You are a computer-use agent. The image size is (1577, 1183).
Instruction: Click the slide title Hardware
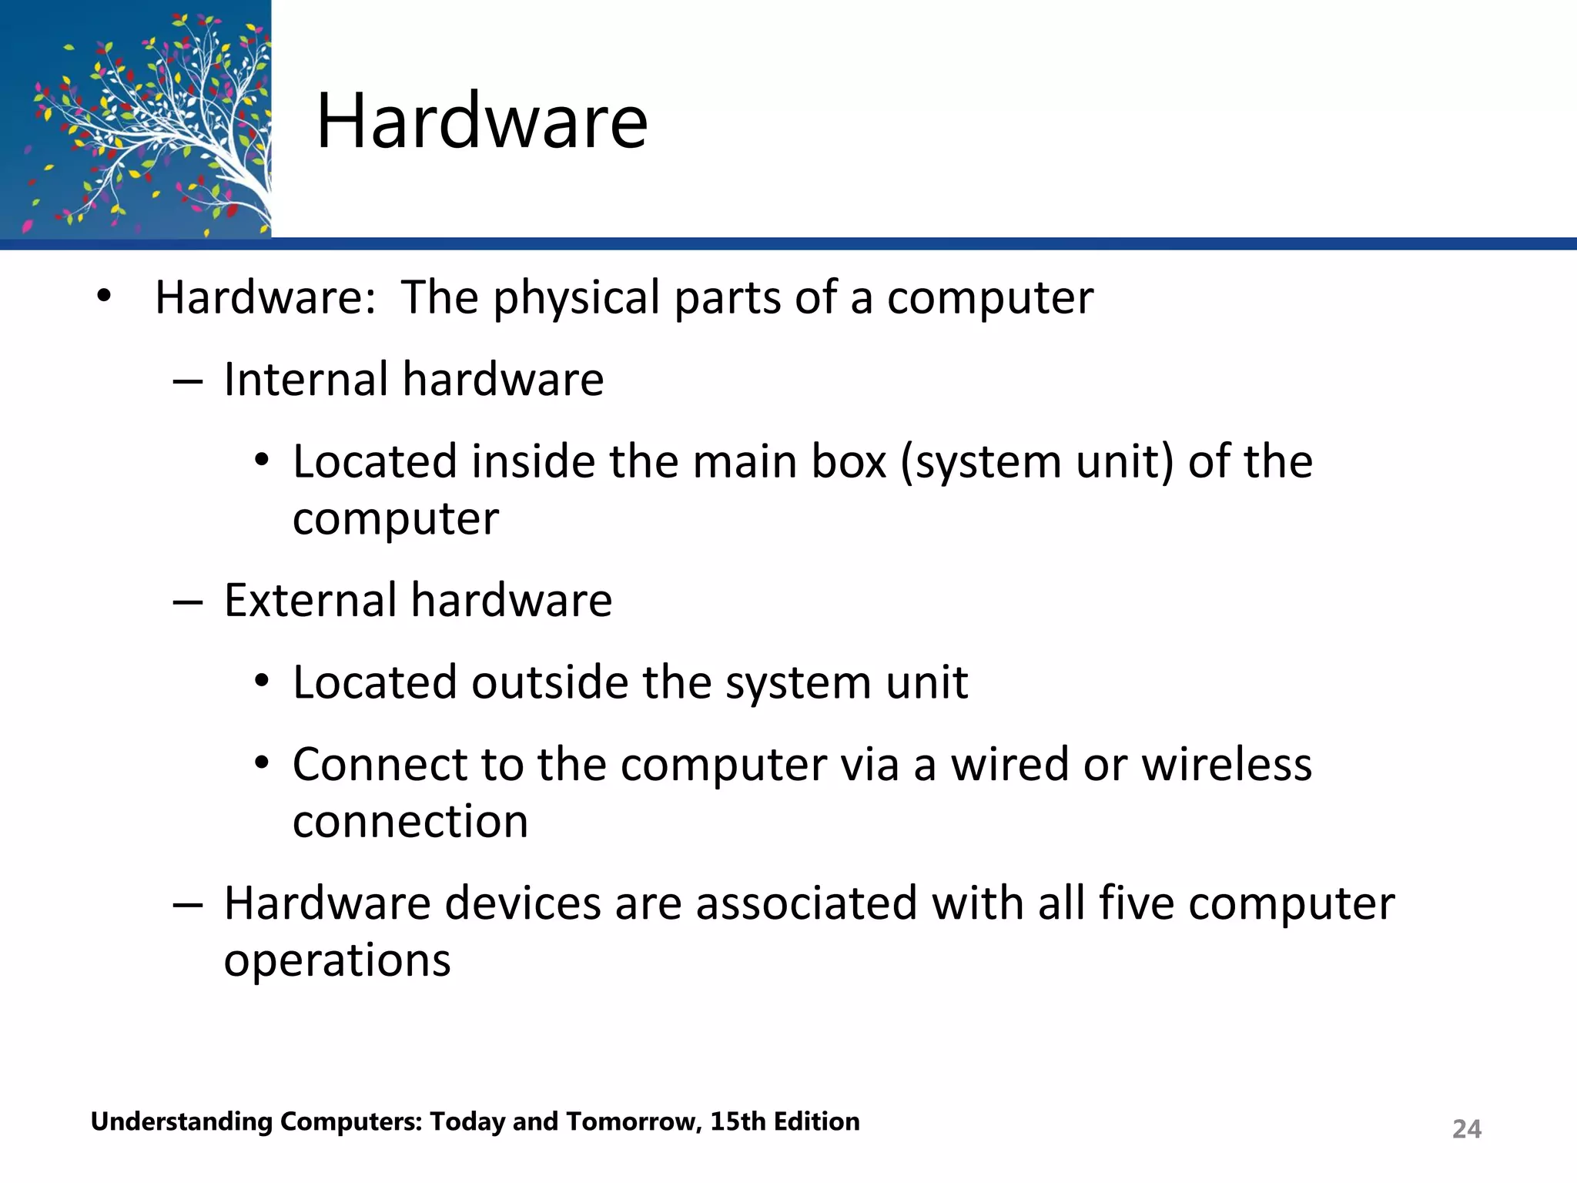(x=481, y=121)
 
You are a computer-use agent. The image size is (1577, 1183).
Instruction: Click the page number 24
(x=1466, y=1128)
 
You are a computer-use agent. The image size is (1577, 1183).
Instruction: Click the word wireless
(x=1226, y=764)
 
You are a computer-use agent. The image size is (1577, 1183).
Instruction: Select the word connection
(x=410, y=821)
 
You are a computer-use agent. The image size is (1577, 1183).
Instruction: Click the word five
(x=1136, y=903)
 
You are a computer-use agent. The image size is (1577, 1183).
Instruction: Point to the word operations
(x=337, y=961)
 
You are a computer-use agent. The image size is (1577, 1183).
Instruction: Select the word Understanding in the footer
(x=181, y=1122)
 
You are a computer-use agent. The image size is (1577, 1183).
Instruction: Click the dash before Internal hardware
(x=187, y=381)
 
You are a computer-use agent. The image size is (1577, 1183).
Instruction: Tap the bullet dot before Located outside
(x=262, y=682)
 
